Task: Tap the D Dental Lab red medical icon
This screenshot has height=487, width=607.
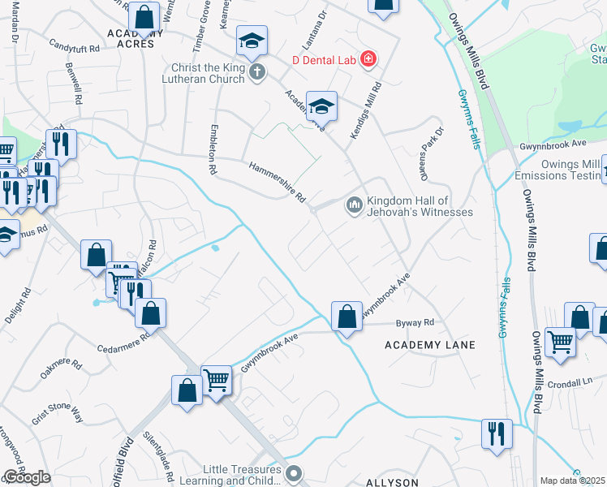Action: [368, 59]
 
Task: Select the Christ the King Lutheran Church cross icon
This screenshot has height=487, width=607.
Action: [256, 72]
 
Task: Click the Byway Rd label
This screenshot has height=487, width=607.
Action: [415, 323]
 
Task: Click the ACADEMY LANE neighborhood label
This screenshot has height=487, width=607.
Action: [429, 345]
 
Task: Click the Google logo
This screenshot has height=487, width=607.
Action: [27, 477]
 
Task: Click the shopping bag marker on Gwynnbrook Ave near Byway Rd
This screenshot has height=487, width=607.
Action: [347, 317]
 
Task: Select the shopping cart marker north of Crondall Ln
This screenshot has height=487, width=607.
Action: [560, 342]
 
